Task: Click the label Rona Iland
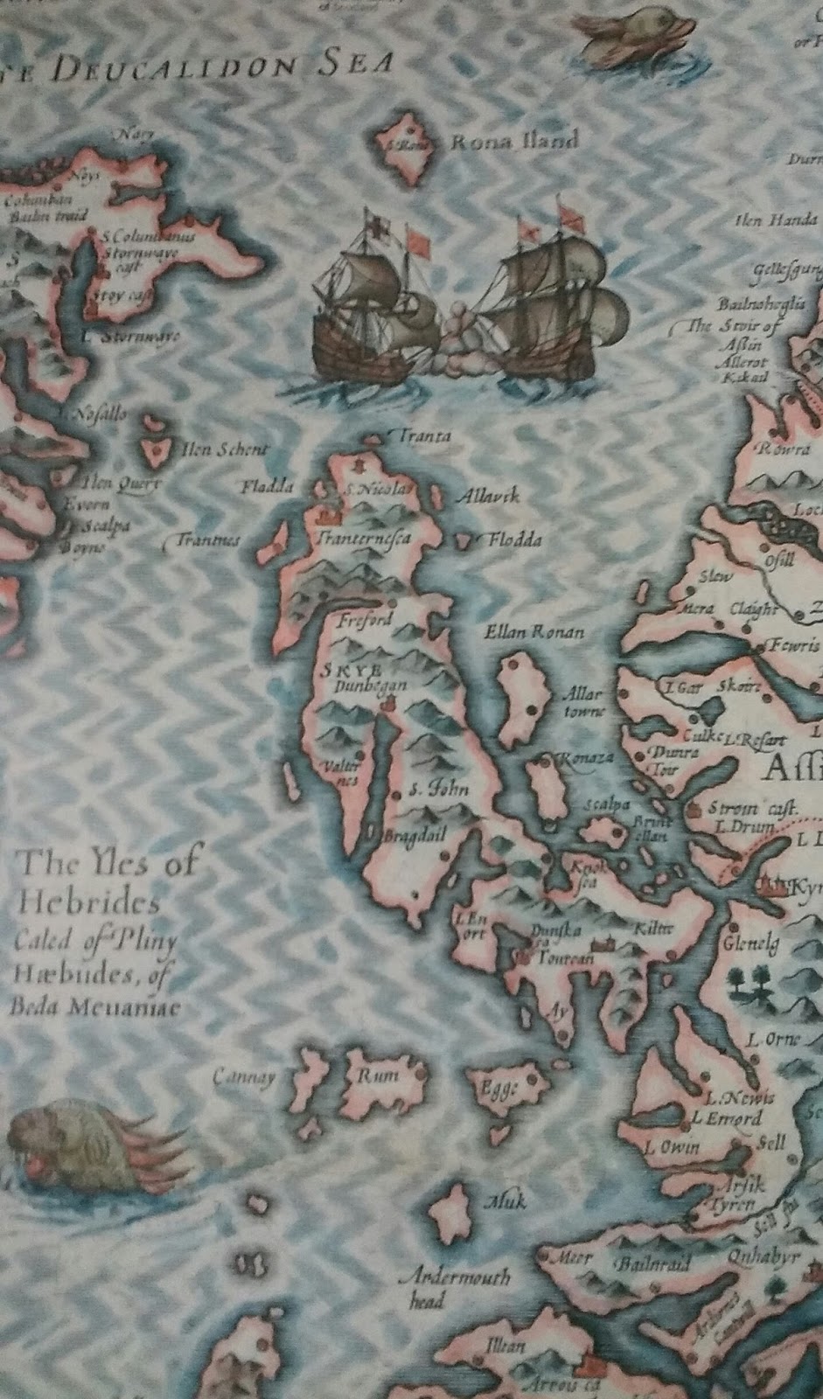(x=514, y=141)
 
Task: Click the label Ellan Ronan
(x=534, y=631)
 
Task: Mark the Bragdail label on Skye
(x=416, y=835)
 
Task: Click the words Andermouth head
(x=454, y=1287)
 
